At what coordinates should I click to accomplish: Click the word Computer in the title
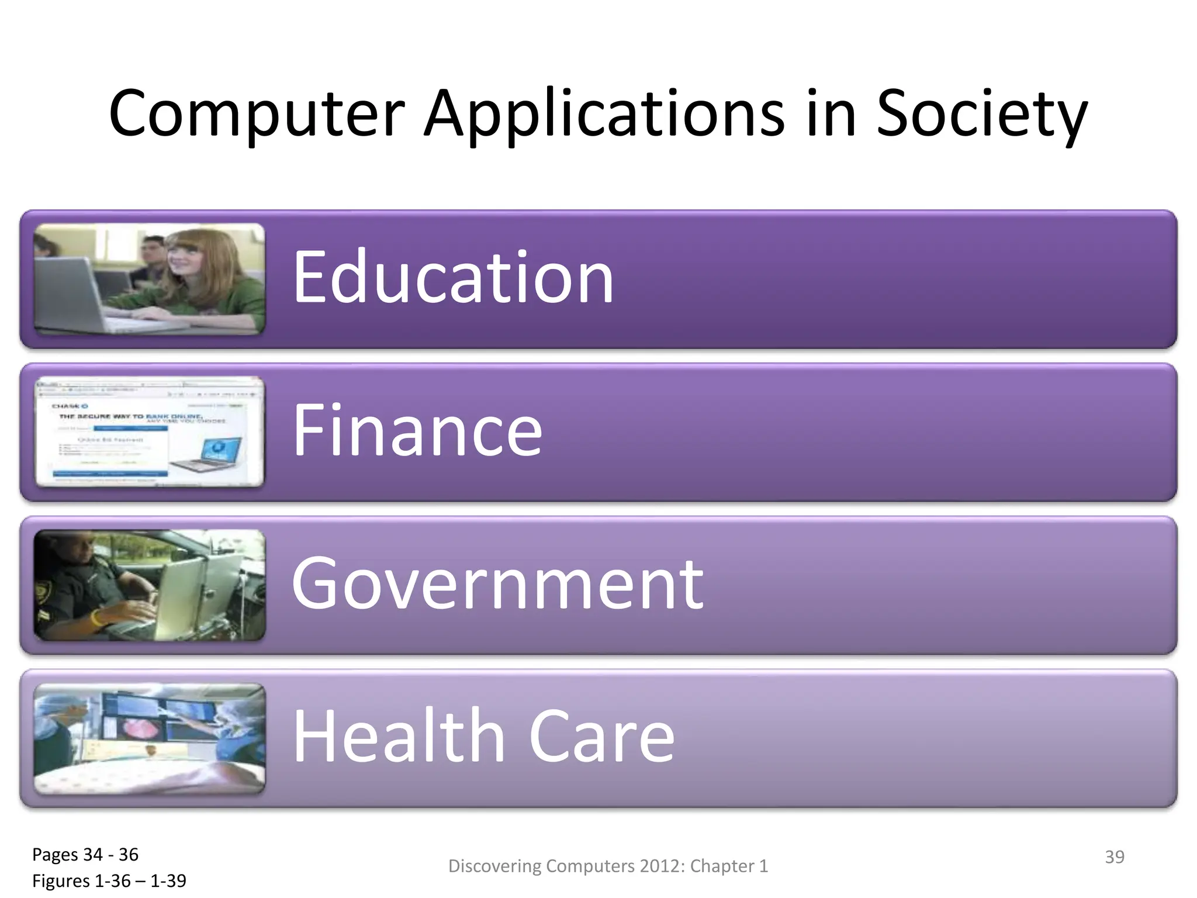click(x=257, y=114)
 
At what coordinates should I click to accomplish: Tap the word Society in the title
click(x=981, y=114)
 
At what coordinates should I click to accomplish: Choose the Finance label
click(x=417, y=430)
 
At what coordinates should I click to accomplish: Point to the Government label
click(x=497, y=583)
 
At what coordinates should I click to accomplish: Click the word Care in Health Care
click(x=601, y=736)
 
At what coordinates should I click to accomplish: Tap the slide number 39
click(x=1114, y=856)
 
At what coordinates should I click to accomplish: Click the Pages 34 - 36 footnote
click(x=85, y=855)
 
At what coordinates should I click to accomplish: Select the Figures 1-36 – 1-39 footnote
click(x=109, y=880)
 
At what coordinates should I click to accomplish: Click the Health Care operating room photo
click(x=150, y=738)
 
